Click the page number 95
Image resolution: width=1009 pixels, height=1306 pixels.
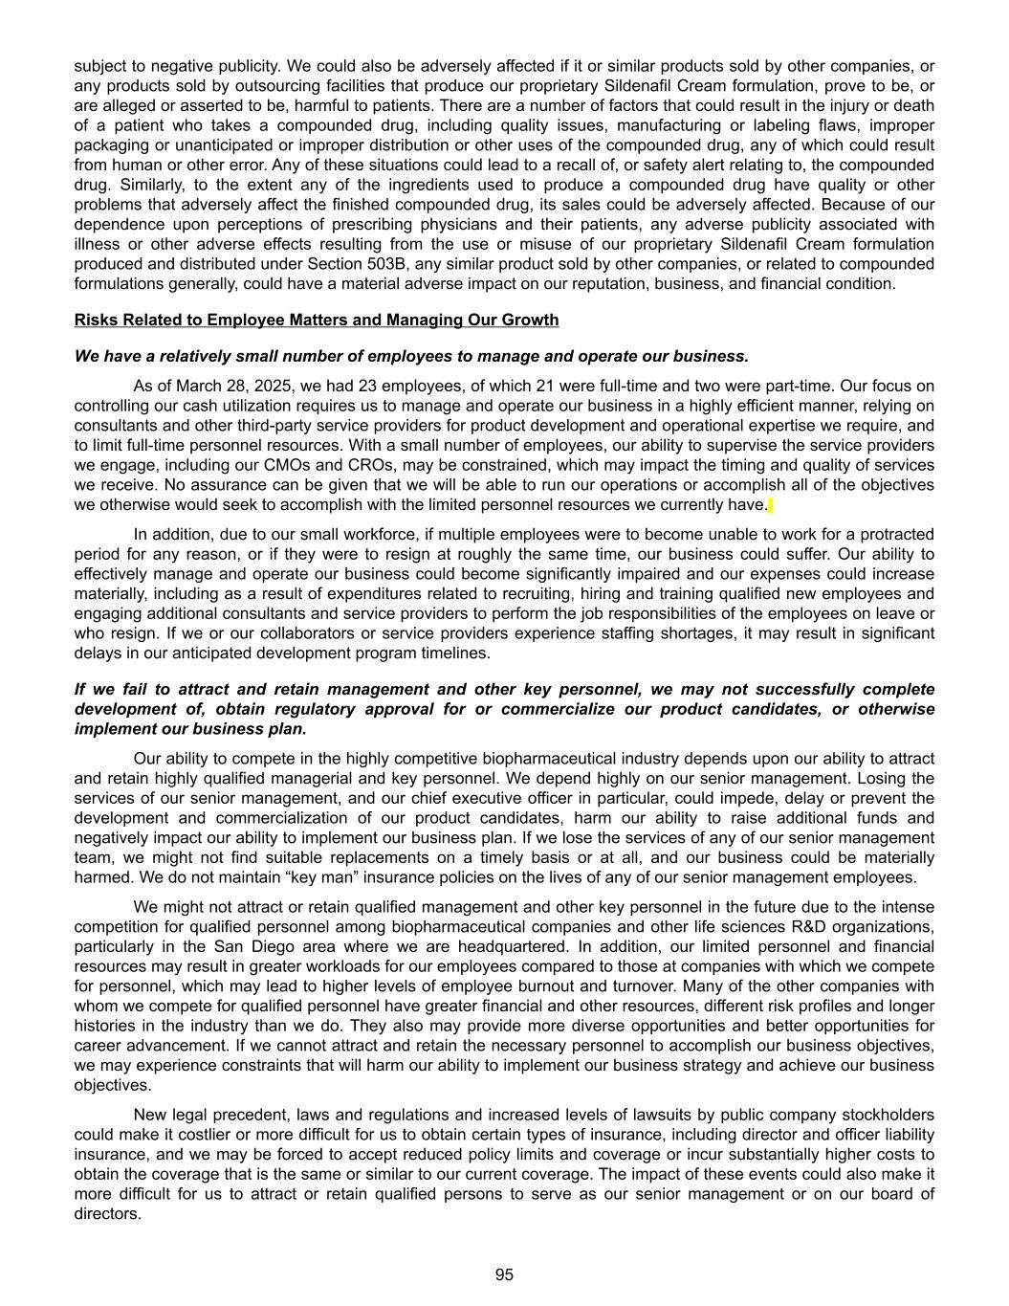point(504,1274)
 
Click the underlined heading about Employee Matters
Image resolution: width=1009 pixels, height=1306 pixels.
point(317,320)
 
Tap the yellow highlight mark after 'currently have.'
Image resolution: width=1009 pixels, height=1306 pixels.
point(771,505)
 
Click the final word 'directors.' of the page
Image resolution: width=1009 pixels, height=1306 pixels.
point(107,1213)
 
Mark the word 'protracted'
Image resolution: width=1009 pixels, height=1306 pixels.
point(897,534)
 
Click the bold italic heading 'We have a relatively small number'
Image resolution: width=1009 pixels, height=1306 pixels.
point(411,356)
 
